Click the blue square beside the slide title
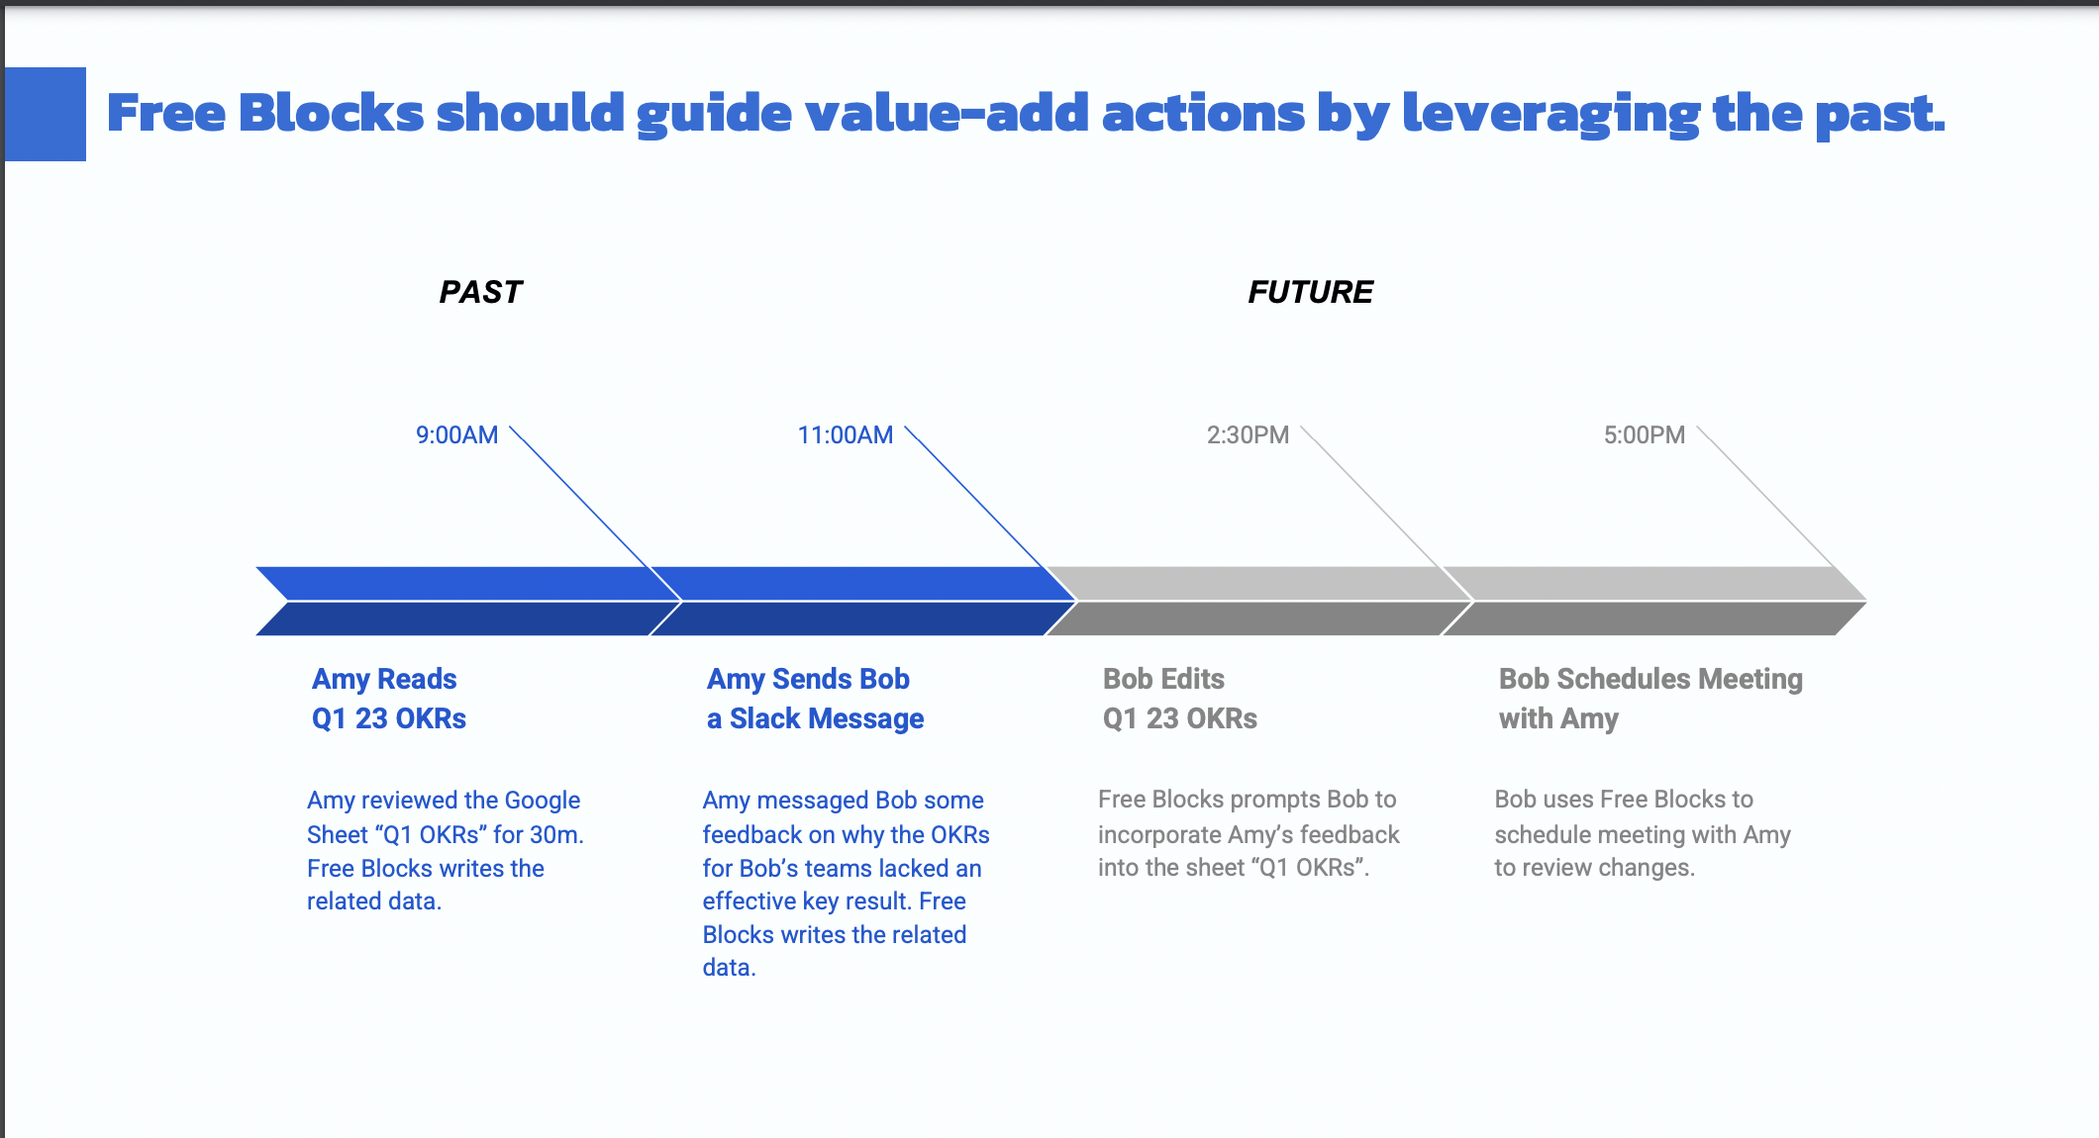(x=46, y=114)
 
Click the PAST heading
(x=480, y=292)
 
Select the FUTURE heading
(x=1310, y=292)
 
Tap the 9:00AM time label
(x=456, y=435)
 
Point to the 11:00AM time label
(x=846, y=435)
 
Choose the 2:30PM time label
(x=1248, y=435)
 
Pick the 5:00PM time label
(x=1645, y=435)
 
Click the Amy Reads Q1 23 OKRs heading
(x=388, y=699)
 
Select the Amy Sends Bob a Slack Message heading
(x=815, y=699)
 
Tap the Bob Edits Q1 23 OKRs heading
(x=1180, y=699)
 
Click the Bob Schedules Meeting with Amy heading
(x=1650, y=699)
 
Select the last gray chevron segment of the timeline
(x=1654, y=601)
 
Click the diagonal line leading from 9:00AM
(x=595, y=514)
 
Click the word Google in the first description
(x=542, y=801)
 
